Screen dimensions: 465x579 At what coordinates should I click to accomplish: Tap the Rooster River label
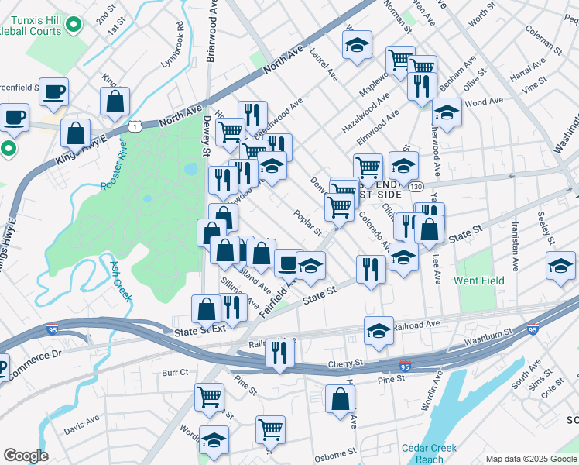pos(114,171)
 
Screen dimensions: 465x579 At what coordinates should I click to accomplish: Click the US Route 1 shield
pos(135,125)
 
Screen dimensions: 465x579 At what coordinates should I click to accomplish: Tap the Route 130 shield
pos(416,187)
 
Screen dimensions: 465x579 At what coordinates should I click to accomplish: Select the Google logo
pos(26,456)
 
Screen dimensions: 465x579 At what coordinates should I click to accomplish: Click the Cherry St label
pos(345,362)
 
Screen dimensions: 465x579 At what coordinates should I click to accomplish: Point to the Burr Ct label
pos(175,373)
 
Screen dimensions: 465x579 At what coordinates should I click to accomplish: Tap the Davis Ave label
pos(82,423)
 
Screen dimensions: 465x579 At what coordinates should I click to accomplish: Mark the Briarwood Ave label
pos(209,27)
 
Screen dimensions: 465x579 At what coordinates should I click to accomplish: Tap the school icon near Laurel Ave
pos(357,45)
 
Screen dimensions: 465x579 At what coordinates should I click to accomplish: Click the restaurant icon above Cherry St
pos(279,351)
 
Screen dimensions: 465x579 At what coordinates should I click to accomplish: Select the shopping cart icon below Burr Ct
pos(210,398)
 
